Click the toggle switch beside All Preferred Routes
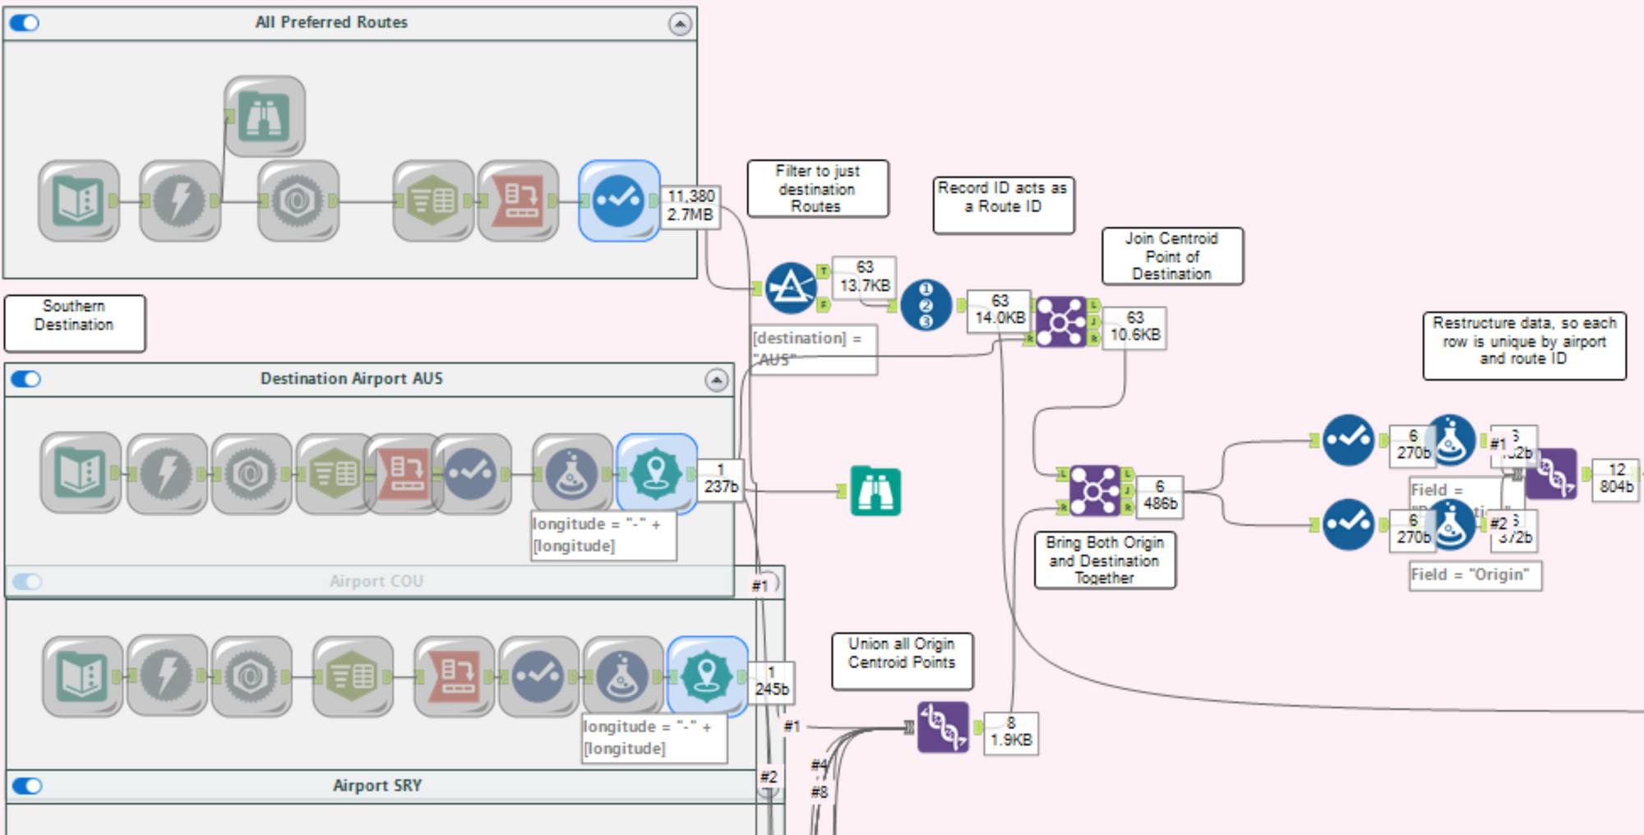tap(25, 23)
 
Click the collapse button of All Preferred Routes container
tap(680, 25)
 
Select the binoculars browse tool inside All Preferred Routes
tap(264, 116)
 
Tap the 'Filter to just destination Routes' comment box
tap(817, 189)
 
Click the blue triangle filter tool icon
tap(790, 288)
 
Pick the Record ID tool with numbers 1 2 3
tap(926, 305)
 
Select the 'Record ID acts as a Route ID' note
tap(1003, 205)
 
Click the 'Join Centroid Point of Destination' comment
tap(1171, 256)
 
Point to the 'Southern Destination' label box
tap(74, 323)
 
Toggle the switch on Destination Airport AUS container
tap(26, 379)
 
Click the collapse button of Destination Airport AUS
tap(717, 380)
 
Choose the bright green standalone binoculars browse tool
tap(875, 491)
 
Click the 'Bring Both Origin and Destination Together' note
tap(1104, 561)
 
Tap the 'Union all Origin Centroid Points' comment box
tap(902, 661)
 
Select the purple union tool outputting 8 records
tap(942, 727)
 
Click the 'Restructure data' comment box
tap(1524, 345)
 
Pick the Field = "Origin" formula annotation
tap(1475, 575)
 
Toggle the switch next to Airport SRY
tap(28, 786)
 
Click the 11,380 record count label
tap(690, 196)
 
